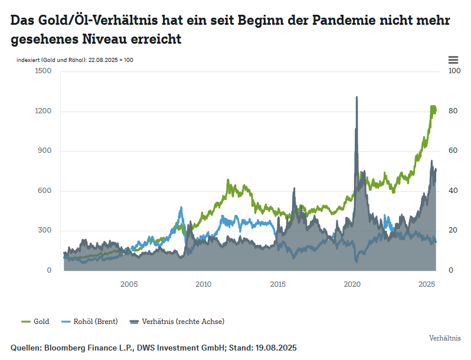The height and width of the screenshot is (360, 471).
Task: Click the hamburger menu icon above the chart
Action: click(453, 60)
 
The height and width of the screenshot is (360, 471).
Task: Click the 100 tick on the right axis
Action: click(454, 71)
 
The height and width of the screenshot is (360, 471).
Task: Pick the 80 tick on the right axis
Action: click(453, 111)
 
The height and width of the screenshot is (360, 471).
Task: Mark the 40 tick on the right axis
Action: click(453, 191)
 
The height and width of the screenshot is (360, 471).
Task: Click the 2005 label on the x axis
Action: click(129, 285)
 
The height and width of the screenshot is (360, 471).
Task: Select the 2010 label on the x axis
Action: click(203, 285)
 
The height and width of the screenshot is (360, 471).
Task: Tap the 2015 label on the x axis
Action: click(277, 285)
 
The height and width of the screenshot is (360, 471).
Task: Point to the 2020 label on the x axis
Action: click(352, 285)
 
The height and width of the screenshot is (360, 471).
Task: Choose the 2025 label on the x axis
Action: click(426, 285)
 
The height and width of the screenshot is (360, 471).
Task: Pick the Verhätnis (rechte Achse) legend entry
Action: click(177, 322)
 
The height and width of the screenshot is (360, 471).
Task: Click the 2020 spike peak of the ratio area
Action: click(356, 97)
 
